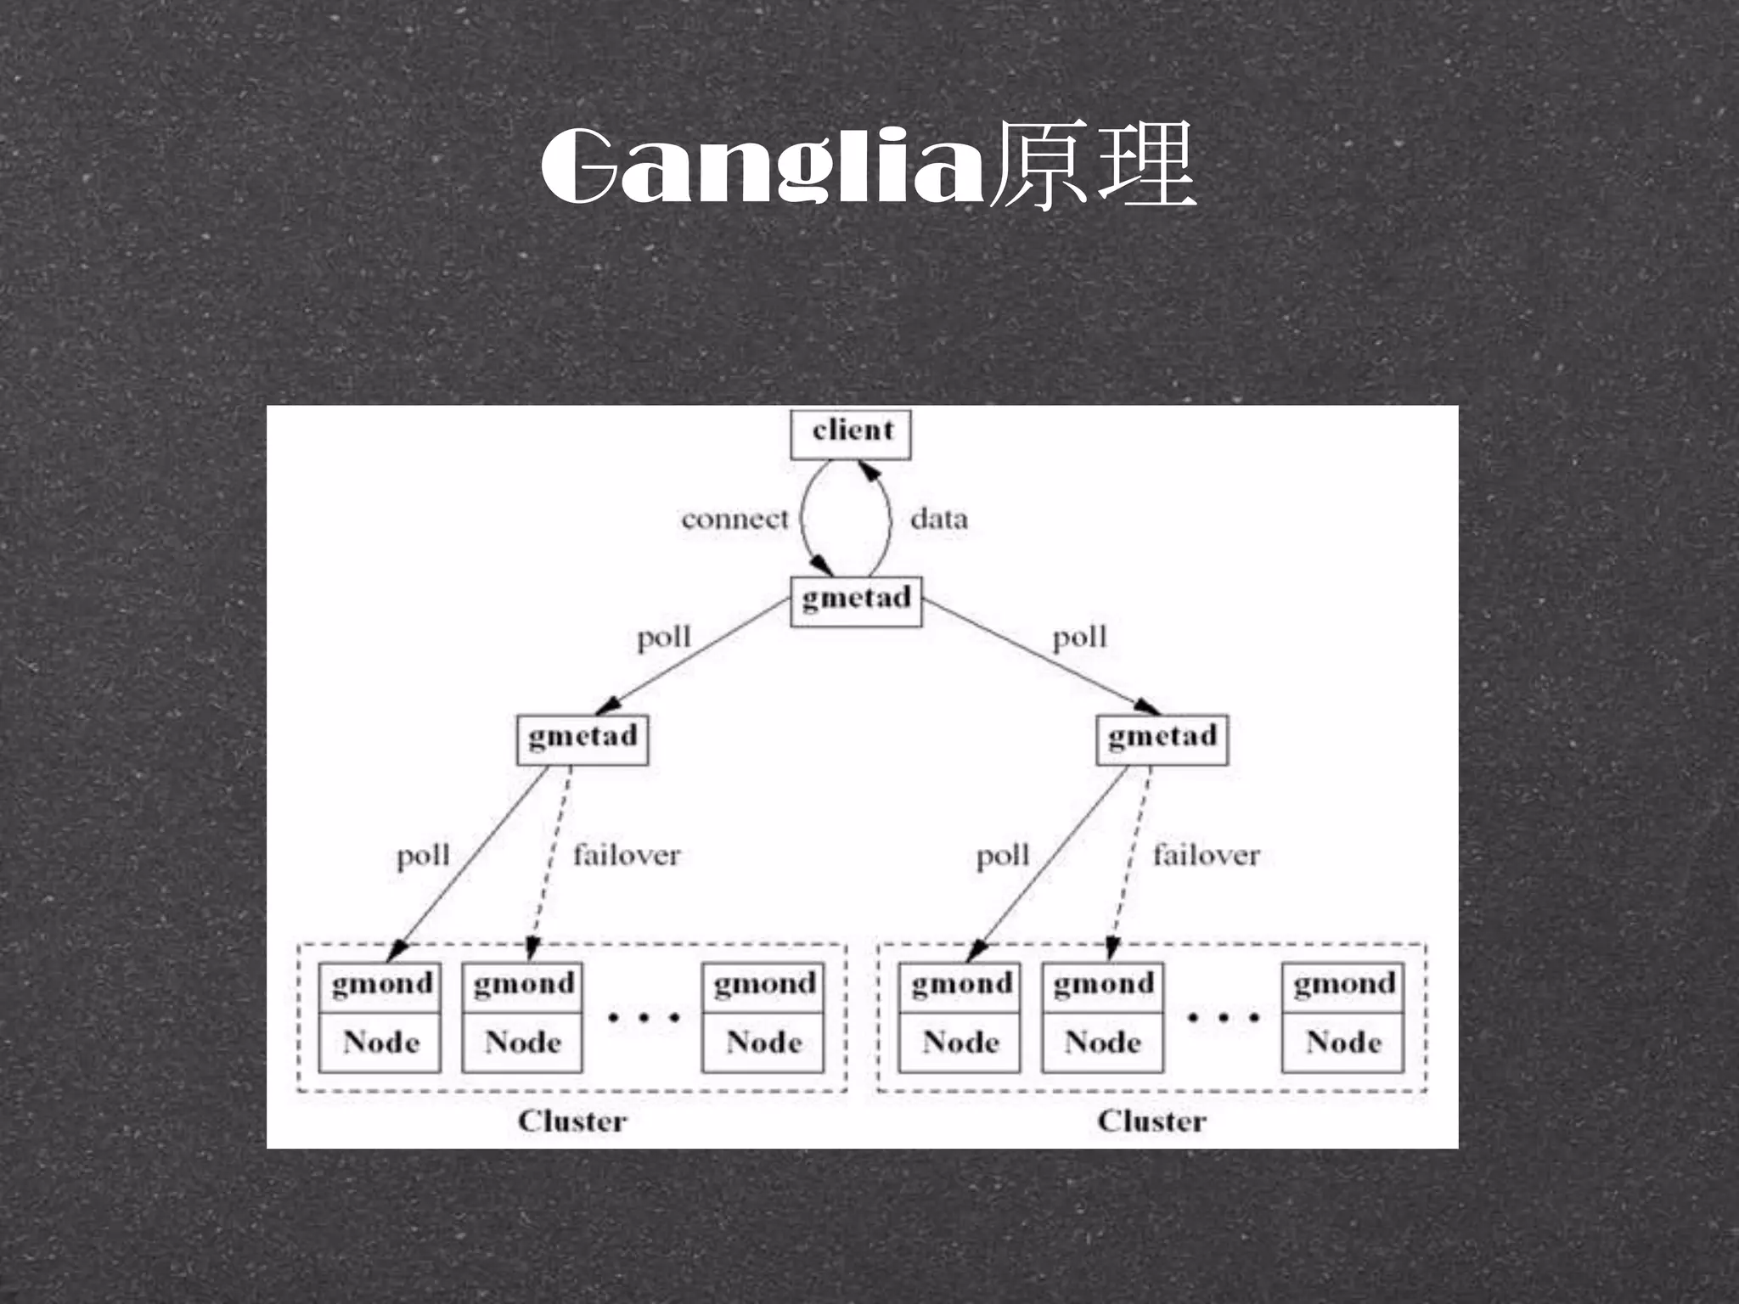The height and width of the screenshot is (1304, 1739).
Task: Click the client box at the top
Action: pyautogui.click(x=851, y=433)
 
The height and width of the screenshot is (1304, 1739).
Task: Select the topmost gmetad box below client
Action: pyautogui.click(x=856, y=600)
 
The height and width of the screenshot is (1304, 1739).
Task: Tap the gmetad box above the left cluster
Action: pyautogui.click(x=582, y=738)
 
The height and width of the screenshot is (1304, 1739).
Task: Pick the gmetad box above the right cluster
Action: pyautogui.click(x=1162, y=738)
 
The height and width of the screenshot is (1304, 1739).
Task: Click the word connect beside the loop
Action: pyautogui.click(x=734, y=519)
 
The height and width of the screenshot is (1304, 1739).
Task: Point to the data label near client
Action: pyautogui.click(x=938, y=519)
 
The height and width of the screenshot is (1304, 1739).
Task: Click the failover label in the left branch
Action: pyautogui.click(x=627, y=855)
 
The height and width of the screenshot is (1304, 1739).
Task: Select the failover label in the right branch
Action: pyautogui.click(x=1206, y=855)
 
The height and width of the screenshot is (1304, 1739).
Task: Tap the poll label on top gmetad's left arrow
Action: pyautogui.click(x=664, y=638)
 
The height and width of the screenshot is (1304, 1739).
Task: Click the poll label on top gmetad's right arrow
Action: pyautogui.click(x=1079, y=638)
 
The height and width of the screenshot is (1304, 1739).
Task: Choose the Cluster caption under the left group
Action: pyautogui.click(x=572, y=1121)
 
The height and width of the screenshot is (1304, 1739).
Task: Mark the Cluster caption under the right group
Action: pyautogui.click(x=1151, y=1121)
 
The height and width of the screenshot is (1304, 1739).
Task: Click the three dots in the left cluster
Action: pyautogui.click(x=644, y=1017)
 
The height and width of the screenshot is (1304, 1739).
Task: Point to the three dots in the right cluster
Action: pyautogui.click(x=1223, y=1017)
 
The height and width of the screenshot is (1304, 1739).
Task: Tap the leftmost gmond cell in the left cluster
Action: pyautogui.click(x=381, y=985)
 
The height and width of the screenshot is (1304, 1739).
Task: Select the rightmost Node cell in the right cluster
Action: pyautogui.click(x=1343, y=1043)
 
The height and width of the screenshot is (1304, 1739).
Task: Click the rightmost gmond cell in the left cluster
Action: pyautogui.click(x=763, y=985)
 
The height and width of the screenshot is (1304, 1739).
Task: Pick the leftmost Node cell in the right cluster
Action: pyautogui.click(x=960, y=1043)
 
